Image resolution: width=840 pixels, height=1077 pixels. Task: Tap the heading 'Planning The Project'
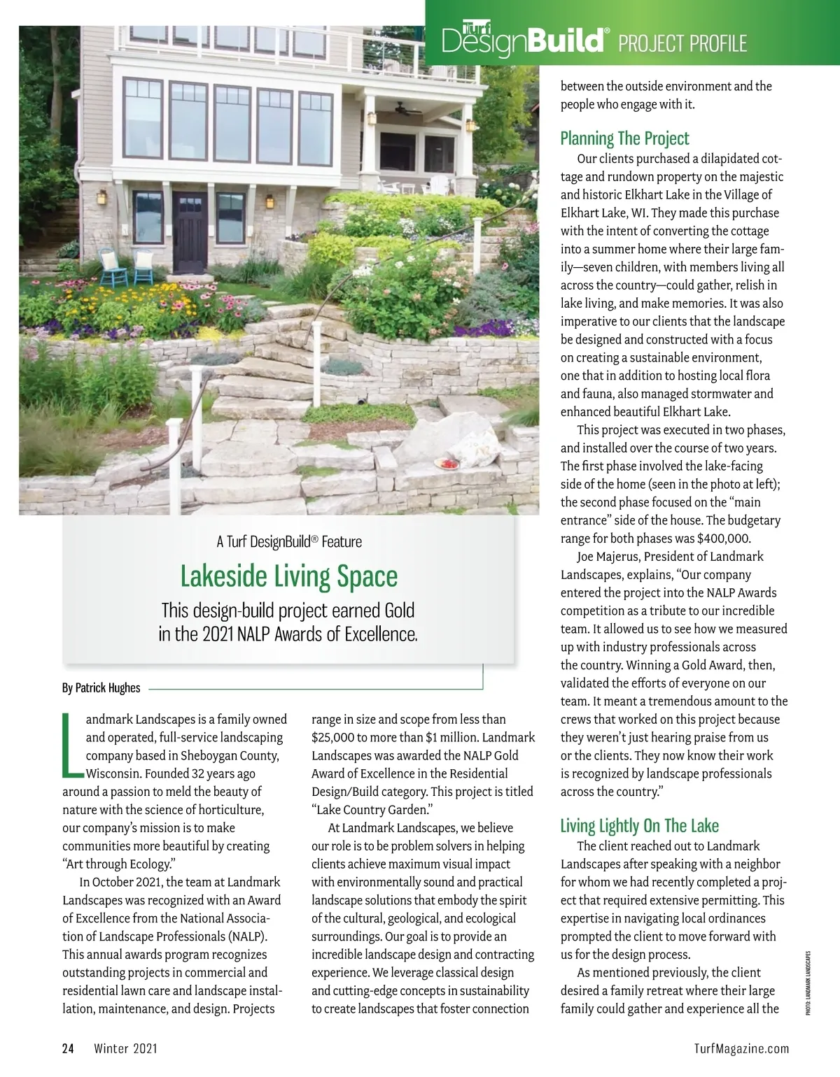[x=624, y=138]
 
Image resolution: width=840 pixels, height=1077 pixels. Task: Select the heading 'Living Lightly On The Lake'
[x=639, y=826]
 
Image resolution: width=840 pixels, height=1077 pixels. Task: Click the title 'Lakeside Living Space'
[x=288, y=576]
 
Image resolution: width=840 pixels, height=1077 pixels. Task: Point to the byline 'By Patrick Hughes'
[x=101, y=687]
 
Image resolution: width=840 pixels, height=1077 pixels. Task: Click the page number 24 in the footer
[x=68, y=1048]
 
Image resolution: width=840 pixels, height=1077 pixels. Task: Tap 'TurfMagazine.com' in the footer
[x=741, y=1048]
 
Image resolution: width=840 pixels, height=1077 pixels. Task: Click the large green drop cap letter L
[x=71, y=746]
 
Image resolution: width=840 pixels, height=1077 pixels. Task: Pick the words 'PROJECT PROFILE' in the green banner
[x=682, y=43]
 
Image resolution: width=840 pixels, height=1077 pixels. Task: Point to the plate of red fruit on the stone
[x=445, y=463]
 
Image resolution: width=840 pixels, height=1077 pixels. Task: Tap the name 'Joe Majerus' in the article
[x=608, y=557]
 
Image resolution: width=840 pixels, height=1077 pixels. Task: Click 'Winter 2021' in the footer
[x=126, y=1048]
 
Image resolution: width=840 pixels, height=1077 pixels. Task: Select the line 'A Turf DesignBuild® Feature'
[x=288, y=541]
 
